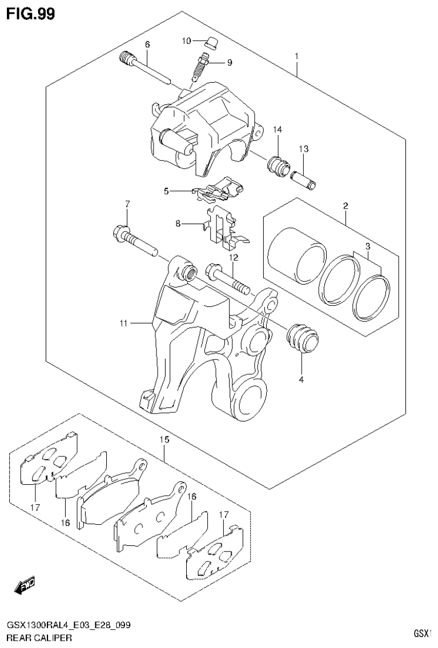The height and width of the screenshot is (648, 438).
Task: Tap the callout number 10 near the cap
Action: (187, 40)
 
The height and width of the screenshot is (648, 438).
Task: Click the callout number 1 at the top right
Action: (297, 56)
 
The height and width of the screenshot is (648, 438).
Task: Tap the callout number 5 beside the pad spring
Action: (167, 191)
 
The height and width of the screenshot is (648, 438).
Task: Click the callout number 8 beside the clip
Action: (178, 224)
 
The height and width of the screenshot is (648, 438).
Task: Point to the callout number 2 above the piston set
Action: (345, 205)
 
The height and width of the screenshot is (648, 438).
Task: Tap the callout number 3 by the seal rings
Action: (368, 246)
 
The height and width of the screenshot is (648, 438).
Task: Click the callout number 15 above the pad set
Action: (164, 440)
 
